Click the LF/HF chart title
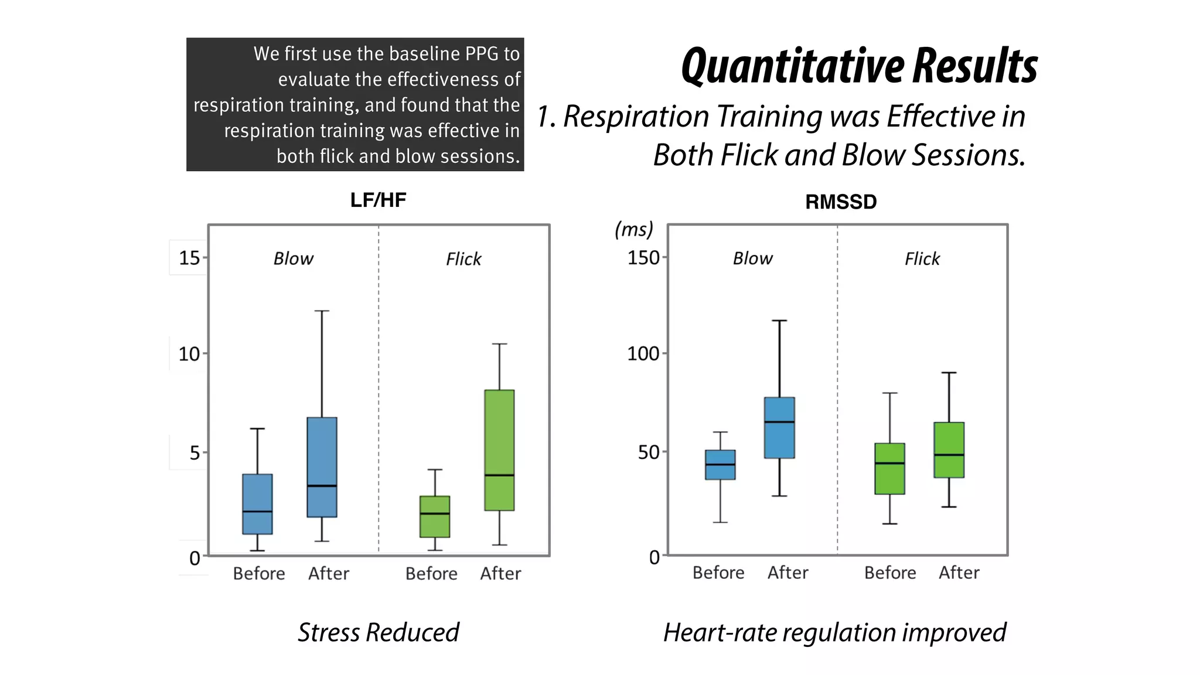tap(378, 200)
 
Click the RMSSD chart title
tap(840, 202)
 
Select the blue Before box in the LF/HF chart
tap(257, 504)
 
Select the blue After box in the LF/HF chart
tap(322, 467)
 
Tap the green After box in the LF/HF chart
tap(499, 450)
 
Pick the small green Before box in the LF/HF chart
tap(435, 516)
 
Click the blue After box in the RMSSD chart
tap(779, 428)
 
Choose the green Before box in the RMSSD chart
tap(889, 469)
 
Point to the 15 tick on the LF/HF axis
tap(189, 258)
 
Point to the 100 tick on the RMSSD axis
tap(643, 354)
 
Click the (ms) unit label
tap(633, 229)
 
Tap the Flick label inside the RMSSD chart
tap(922, 259)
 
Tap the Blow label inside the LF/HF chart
tap(293, 259)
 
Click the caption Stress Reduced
tap(378, 633)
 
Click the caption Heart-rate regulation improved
tap(834, 633)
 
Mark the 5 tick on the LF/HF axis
tap(195, 453)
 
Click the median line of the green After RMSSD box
tap(949, 455)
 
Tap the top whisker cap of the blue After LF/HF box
tap(322, 311)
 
